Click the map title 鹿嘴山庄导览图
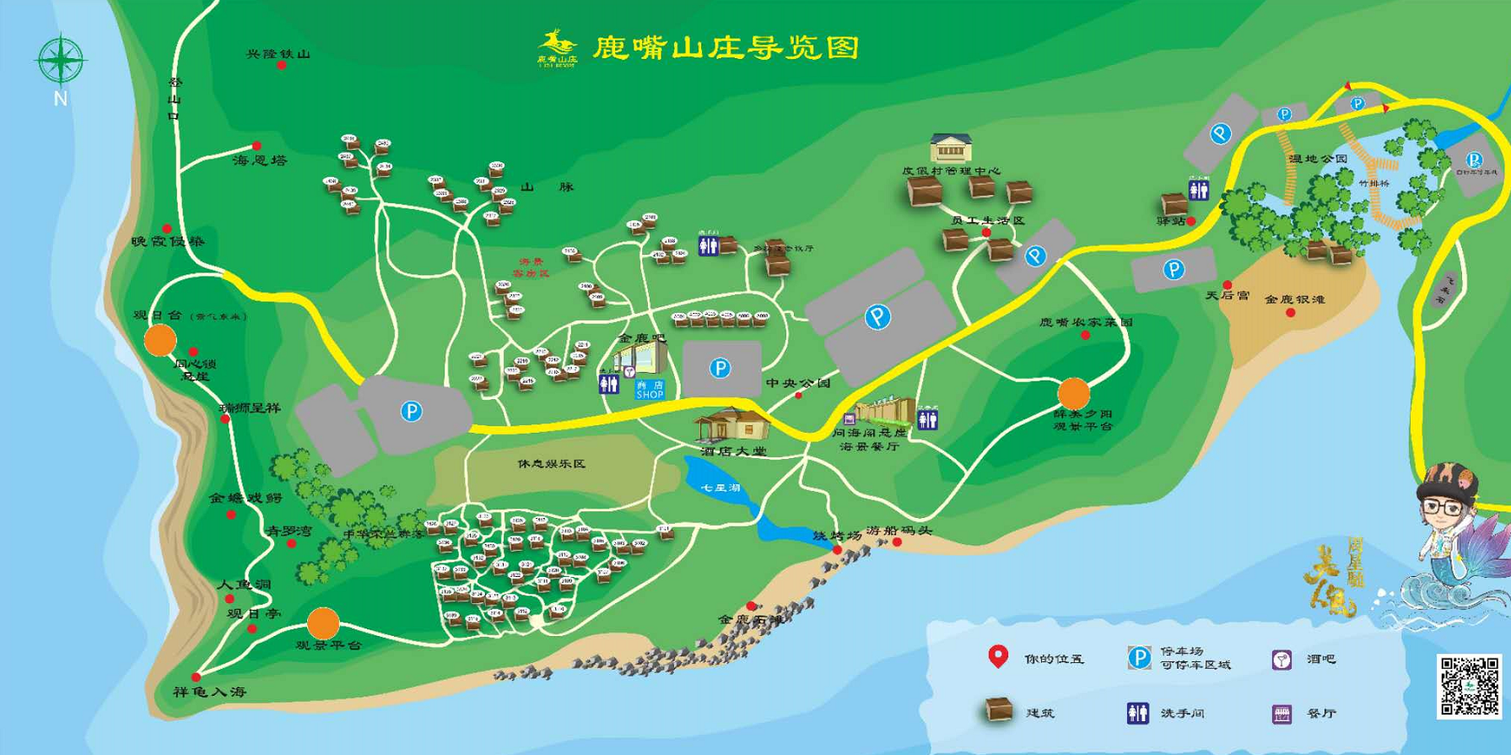click(x=726, y=47)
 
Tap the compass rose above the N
click(x=60, y=60)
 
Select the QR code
click(x=1470, y=686)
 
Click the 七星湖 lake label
click(x=720, y=488)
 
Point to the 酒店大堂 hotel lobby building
click(x=731, y=424)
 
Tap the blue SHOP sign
click(x=650, y=390)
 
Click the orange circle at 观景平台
click(x=323, y=623)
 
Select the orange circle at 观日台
click(x=160, y=340)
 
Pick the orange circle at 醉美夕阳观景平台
click(x=1074, y=393)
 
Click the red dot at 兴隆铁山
click(x=282, y=65)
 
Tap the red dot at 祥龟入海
click(x=196, y=677)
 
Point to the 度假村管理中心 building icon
click(x=951, y=148)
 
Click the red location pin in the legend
click(x=998, y=656)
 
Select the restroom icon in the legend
click(x=1137, y=713)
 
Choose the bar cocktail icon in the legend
click(x=1282, y=660)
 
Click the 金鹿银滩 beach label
click(x=1294, y=299)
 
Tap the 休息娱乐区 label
click(x=552, y=464)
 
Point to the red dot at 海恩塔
click(x=256, y=146)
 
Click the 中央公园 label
click(x=797, y=383)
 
